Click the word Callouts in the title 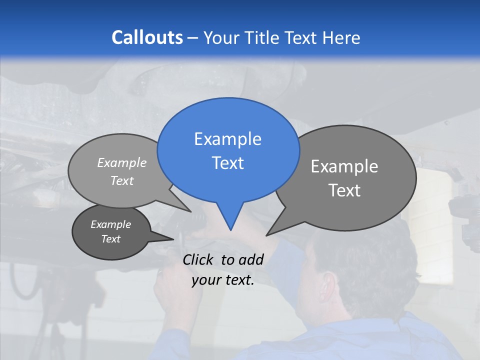[x=147, y=37]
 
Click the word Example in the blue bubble [x=228, y=139]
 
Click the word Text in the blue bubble [x=228, y=163]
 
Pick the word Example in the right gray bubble [x=344, y=166]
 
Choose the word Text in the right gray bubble [x=345, y=190]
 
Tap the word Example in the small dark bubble [x=111, y=224]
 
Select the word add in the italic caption [x=251, y=259]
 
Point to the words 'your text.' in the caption [x=223, y=280]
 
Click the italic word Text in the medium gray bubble [x=122, y=180]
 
